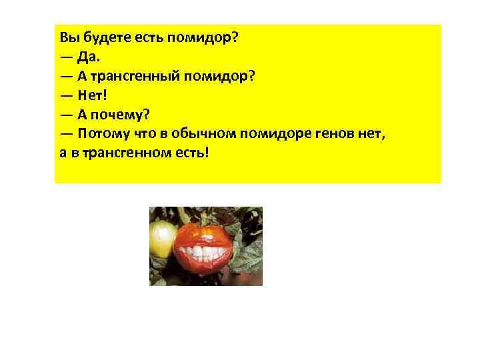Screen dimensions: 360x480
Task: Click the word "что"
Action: [143, 133]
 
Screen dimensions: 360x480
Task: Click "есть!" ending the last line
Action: [193, 152]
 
